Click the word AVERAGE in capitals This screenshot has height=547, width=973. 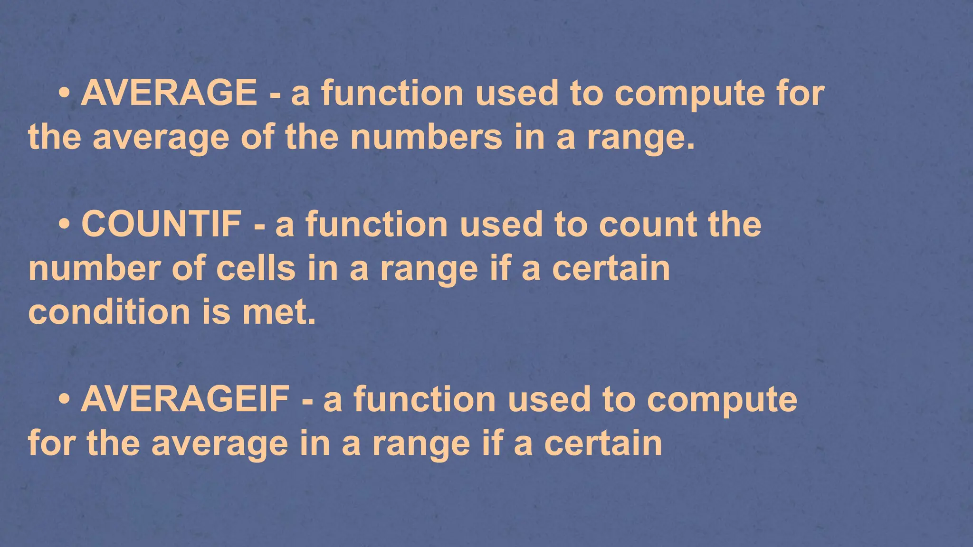click(x=169, y=93)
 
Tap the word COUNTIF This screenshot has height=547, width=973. click(x=161, y=224)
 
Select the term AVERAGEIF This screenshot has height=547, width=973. click(x=185, y=399)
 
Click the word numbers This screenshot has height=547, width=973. click(x=426, y=137)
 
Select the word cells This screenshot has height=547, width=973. click(x=256, y=268)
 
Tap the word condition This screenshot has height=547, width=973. click(x=109, y=312)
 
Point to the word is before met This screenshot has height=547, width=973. click(x=217, y=312)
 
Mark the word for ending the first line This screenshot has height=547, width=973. click(x=801, y=93)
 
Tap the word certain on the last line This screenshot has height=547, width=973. click(x=603, y=443)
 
